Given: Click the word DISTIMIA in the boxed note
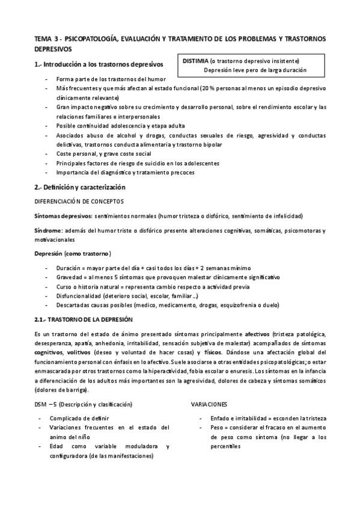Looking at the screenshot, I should [196, 61].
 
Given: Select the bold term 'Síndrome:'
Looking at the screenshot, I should [49, 230].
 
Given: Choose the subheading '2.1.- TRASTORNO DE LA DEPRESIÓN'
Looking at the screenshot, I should [82, 318].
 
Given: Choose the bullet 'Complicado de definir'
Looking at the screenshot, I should [79, 417].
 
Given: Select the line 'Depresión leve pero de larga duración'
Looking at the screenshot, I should [255, 70].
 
